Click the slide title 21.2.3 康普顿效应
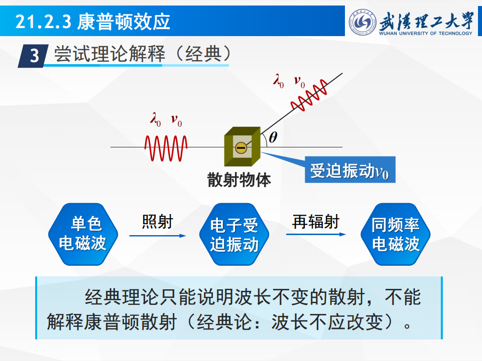click(x=92, y=22)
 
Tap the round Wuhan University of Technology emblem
click(x=363, y=22)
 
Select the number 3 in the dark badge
click(x=35, y=56)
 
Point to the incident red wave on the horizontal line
click(x=166, y=148)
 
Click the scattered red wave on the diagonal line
click(x=309, y=95)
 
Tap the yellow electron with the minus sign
click(x=241, y=147)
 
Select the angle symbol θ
click(x=273, y=137)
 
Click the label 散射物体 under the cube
click(x=239, y=179)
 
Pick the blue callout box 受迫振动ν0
click(x=350, y=170)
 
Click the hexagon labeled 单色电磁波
click(x=83, y=234)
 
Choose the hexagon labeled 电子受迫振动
click(x=234, y=234)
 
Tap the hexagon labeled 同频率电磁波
click(x=395, y=234)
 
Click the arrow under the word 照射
click(x=158, y=236)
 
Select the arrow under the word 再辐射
click(x=316, y=235)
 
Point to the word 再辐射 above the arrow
click(x=316, y=222)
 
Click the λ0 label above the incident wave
click(x=156, y=119)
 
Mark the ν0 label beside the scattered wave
click(x=299, y=81)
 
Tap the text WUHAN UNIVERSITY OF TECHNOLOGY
click(x=425, y=33)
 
